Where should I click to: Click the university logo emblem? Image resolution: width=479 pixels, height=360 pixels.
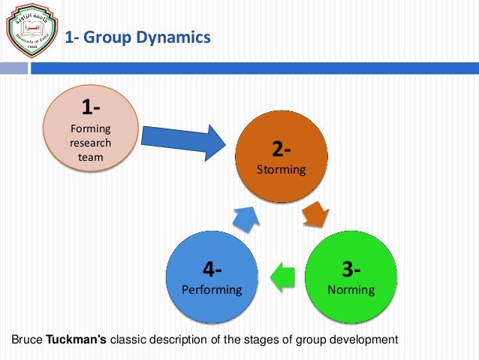coord(28,30)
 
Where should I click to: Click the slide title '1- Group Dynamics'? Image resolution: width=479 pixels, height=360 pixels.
coord(137,35)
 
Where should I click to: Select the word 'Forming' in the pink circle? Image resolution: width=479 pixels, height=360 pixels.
coord(92,129)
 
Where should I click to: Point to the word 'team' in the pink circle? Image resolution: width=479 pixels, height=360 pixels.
coord(92,157)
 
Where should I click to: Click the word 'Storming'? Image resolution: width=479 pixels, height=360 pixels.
coord(282,169)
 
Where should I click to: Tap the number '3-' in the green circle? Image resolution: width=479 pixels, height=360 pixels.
coord(351,268)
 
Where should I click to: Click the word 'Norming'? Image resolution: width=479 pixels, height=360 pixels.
coord(351,289)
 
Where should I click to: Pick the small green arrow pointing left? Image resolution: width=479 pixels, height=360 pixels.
coord(282,276)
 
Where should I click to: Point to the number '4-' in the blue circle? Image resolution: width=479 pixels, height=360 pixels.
coord(212,268)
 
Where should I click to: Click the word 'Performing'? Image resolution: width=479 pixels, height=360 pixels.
coord(212,289)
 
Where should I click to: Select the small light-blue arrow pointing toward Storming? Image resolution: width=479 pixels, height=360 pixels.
coord(246,218)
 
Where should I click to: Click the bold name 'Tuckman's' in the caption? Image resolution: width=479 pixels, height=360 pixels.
coord(77,340)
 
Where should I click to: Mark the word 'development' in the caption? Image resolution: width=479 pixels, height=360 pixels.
coord(366,340)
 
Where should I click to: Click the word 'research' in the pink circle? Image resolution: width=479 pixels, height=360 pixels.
coord(92,143)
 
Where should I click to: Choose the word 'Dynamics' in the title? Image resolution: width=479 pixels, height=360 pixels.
coord(175,35)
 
